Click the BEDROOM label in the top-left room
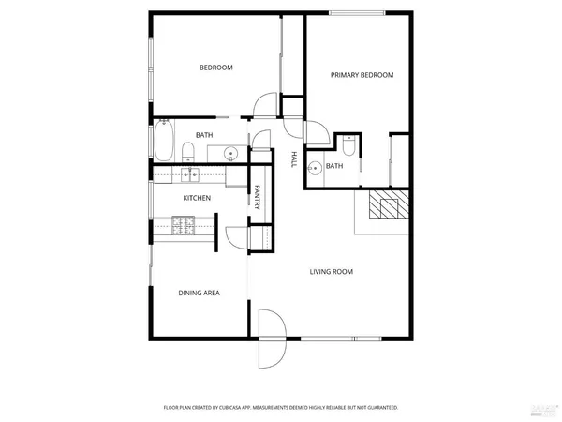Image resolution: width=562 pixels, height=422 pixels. click(215, 68)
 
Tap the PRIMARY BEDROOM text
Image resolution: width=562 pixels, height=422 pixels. click(362, 75)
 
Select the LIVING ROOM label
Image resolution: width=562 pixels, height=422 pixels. click(332, 272)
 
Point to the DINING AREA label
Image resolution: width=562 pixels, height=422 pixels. click(199, 294)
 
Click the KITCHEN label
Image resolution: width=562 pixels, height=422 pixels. click(196, 198)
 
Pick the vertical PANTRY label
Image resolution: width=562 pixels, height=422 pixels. click(256, 196)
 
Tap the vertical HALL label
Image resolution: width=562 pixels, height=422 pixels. click(293, 158)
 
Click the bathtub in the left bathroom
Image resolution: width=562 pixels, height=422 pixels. click(164, 142)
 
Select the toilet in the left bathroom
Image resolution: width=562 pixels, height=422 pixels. click(187, 151)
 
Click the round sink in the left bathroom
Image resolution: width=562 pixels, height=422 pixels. click(230, 152)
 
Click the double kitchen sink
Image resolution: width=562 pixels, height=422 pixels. click(190, 173)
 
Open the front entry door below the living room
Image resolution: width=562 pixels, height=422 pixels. click(269, 339)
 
